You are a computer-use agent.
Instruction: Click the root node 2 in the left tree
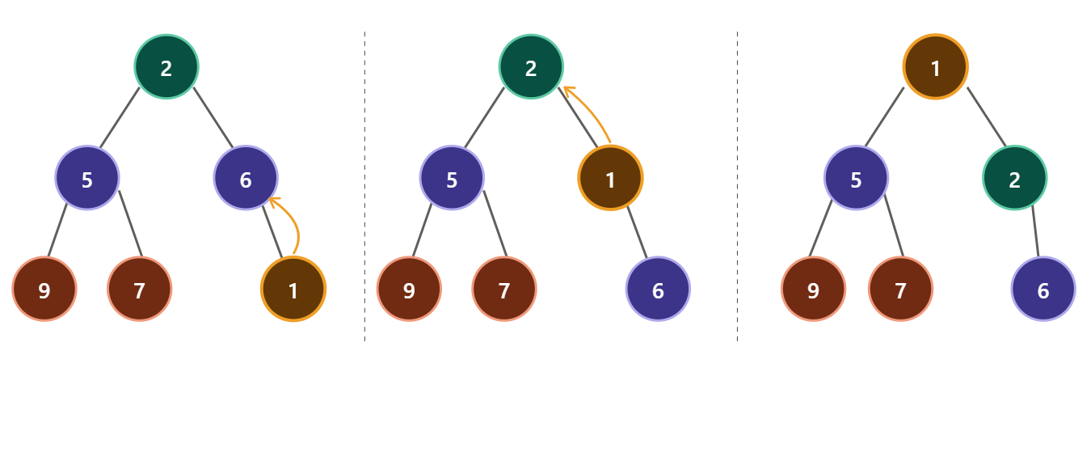click(x=166, y=67)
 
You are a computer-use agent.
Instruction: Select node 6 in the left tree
click(x=246, y=178)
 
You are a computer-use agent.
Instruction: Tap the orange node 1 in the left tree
click(x=293, y=289)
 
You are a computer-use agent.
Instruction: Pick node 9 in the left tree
click(x=44, y=289)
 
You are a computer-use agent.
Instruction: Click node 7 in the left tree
click(x=139, y=289)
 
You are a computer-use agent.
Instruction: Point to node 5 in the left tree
click(x=87, y=178)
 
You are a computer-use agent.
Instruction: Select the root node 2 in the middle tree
click(x=531, y=67)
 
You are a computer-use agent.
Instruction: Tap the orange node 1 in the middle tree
click(x=610, y=178)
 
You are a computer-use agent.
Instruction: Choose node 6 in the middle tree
click(x=658, y=289)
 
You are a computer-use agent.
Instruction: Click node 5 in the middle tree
click(x=452, y=178)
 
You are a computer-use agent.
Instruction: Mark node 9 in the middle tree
click(x=409, y=289)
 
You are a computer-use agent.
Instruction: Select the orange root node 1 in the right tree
click(x=935, y=67)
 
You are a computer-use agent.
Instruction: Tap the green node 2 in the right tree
click(x=1014, y=178)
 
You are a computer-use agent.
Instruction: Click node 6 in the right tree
click(x=1043, y=289)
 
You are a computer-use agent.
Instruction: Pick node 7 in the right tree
click(x=900, y=289)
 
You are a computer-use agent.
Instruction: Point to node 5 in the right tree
click(x=857, y=178)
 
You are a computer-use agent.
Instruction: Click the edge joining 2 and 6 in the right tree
click(x=1035, y=231)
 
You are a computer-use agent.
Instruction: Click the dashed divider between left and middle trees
click(x=364, y=186)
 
